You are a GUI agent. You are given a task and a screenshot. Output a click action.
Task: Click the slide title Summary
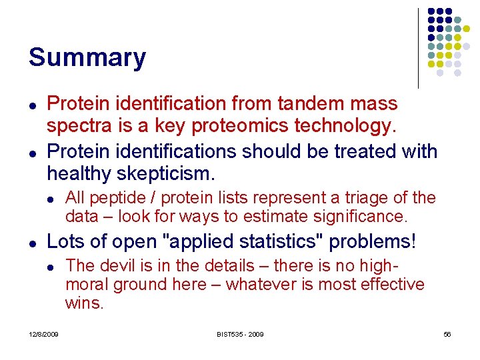click(87, 58)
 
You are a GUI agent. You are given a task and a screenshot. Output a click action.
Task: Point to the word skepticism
click(165, 174)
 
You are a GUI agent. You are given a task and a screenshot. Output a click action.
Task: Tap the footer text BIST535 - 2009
click(239, 334)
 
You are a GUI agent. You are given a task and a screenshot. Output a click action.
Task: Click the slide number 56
click(447, 334)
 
